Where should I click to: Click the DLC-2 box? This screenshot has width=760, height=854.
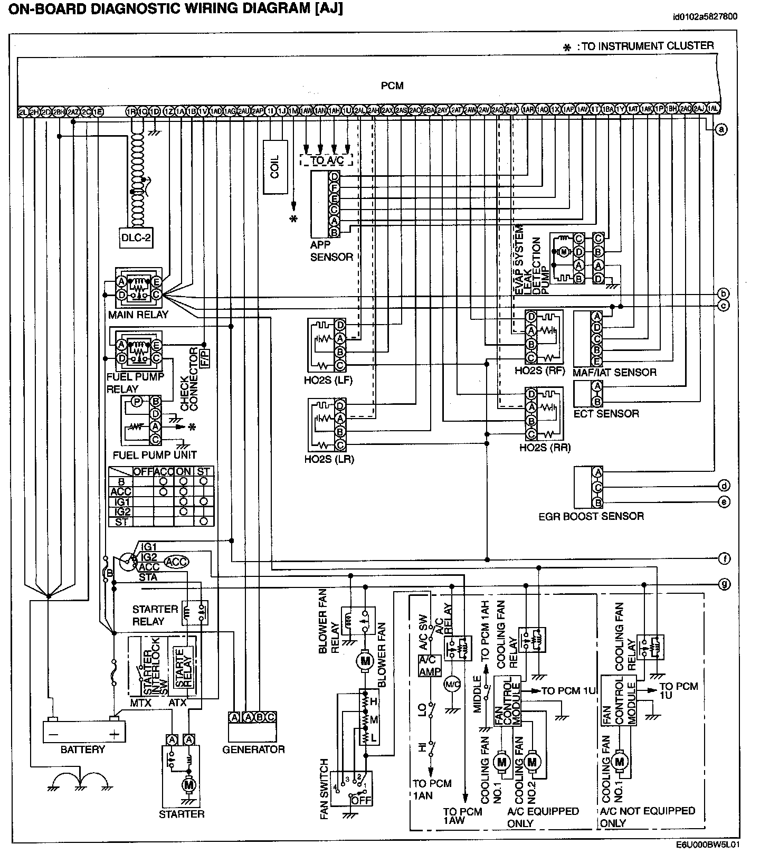point(136,238)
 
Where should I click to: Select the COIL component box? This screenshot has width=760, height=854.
point(275,166)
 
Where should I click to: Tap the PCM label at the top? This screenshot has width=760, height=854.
point(392,86)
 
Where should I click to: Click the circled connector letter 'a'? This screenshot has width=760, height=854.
point(721,129)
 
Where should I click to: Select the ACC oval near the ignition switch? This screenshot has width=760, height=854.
point(176,562)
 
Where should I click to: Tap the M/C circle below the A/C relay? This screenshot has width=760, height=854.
point(452,684)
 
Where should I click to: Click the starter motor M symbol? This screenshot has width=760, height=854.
point(188,785)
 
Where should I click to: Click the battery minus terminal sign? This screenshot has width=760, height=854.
point(53,734)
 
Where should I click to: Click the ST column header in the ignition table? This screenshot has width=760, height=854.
point(203,471)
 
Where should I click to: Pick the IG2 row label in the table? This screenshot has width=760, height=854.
point(122,511)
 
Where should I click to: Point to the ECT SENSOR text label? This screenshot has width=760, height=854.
point(606,413)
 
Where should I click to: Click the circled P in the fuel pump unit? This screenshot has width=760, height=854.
point(137,402)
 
